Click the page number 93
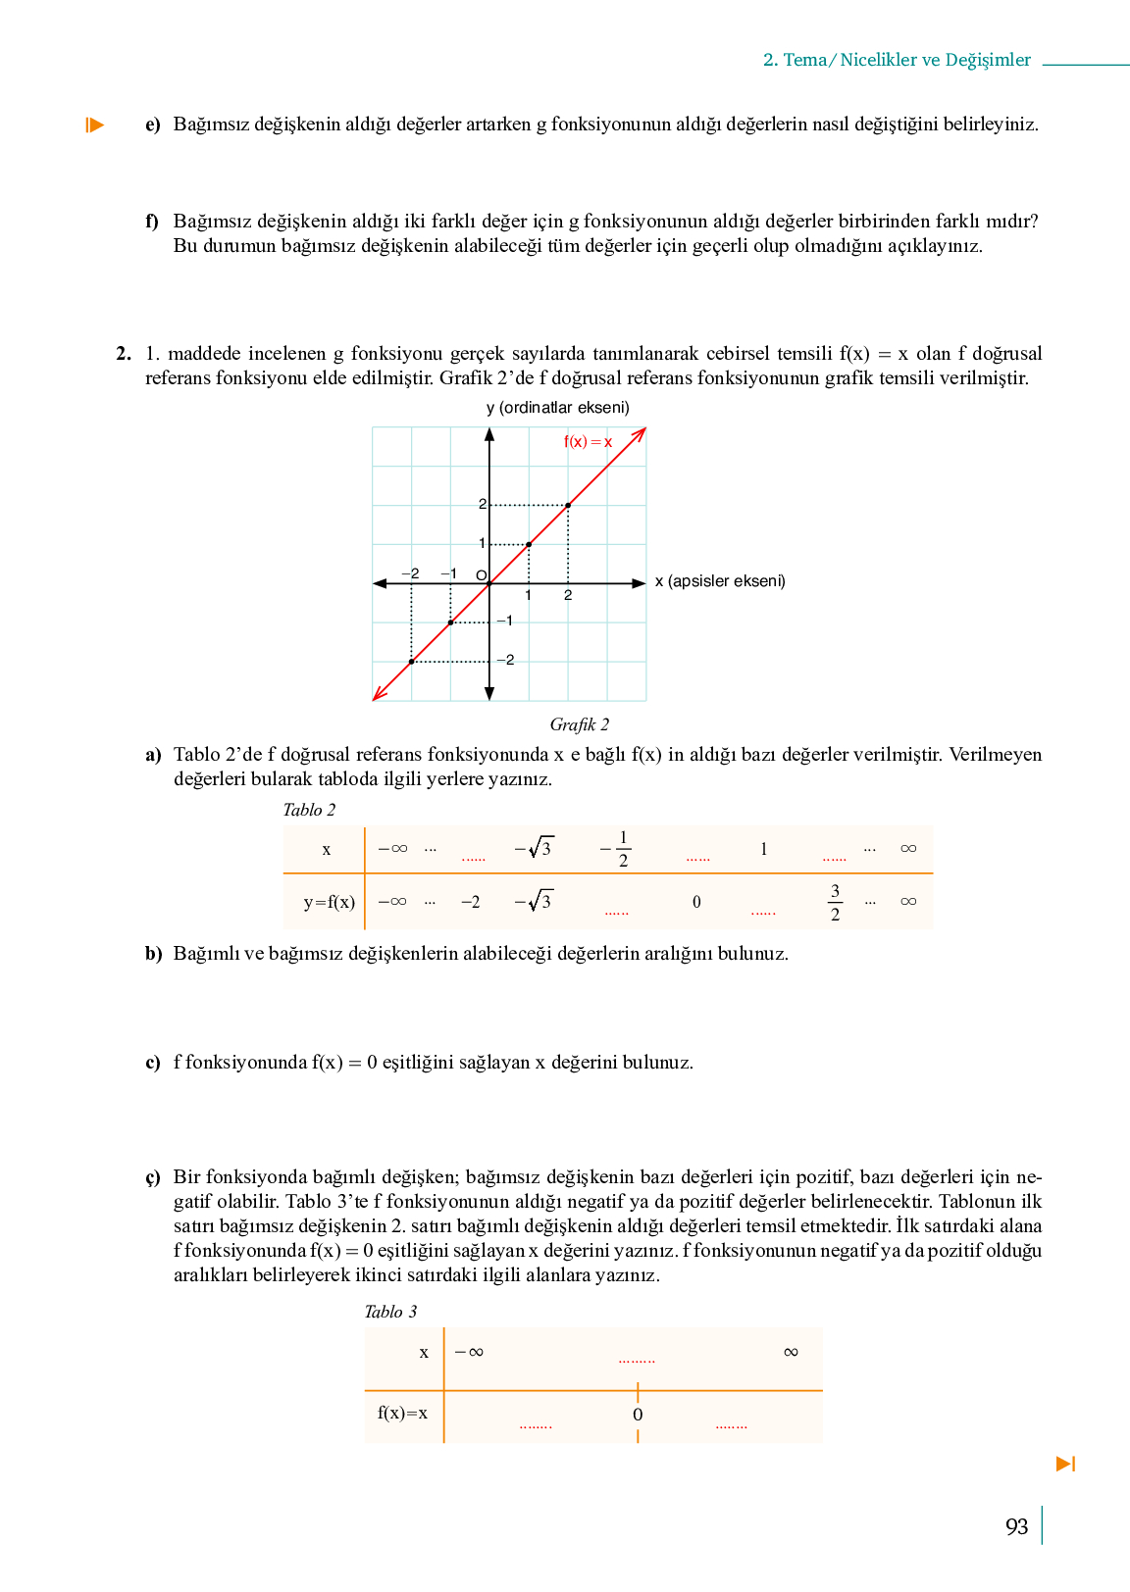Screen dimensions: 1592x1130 [1016, 1526]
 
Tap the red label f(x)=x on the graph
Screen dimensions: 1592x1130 [588, 442]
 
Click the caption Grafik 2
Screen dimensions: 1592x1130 [579, 724]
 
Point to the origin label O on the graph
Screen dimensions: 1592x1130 [481, 575]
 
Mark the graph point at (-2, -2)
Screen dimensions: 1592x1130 [411, 662]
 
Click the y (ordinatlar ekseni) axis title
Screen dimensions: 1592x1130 [557, 408]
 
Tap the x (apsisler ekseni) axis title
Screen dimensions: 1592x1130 [720, 581]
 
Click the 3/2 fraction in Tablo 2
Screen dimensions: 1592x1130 [835, 902]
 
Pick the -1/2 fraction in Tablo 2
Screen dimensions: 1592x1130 [617, 849]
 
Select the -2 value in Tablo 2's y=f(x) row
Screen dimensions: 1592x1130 [470, 902]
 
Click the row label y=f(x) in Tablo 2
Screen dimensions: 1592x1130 [329, 902]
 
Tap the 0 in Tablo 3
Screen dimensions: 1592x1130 [638, 1415]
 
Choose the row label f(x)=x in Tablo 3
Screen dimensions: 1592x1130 [402, 1413]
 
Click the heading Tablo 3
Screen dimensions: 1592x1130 [390, 1312]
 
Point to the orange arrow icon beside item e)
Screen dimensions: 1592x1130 [94, 124]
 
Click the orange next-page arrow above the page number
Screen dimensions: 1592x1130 [1065, 1464]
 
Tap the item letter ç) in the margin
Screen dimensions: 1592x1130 [152, 1177]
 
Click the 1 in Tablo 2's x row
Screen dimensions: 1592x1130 [763, 849]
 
